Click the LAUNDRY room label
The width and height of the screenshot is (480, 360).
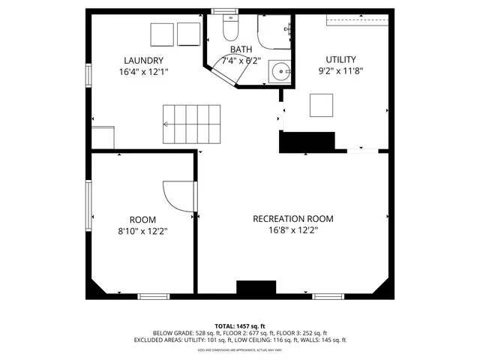(143, 61)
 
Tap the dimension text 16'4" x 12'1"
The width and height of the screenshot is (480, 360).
(143, 73)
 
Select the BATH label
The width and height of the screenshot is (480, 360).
(241, 49)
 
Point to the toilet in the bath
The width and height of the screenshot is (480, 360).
(229, 28)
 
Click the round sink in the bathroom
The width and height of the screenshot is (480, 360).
(280, 73)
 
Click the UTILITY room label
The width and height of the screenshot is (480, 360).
(340, 59)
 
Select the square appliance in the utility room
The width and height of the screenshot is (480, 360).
(322, 105)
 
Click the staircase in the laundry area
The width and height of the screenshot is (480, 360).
(193, 124)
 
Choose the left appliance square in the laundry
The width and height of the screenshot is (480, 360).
(161, 34)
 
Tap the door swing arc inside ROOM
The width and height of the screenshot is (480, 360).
(177, 196)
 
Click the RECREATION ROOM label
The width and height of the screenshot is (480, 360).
(292, 219)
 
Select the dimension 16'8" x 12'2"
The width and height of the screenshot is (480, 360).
(292, 231)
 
